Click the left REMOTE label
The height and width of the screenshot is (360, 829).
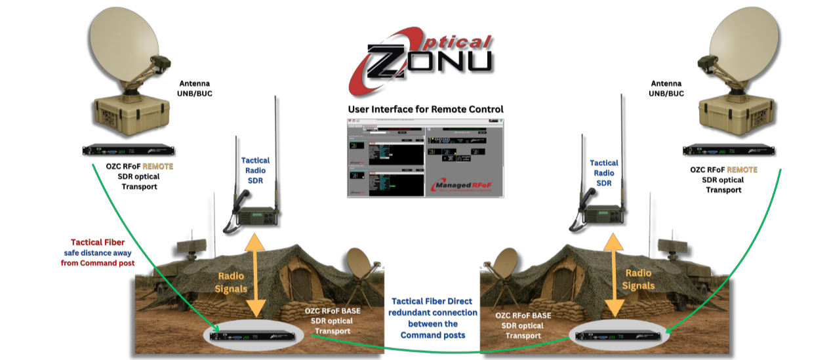click(x=157, y=167)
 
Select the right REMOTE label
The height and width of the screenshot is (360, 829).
click(x=742, y=170)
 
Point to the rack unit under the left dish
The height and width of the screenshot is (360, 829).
click(x=127, y=151)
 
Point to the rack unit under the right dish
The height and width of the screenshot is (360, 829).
click(x=729, y=151)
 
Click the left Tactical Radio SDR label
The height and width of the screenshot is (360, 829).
click(x=255, y=170)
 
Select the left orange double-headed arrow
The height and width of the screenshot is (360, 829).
click(x=256, y=275)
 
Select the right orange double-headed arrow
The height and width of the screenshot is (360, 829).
click(x=614, y=275)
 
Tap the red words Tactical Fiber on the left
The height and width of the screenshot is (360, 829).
click(x=98, y=243)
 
